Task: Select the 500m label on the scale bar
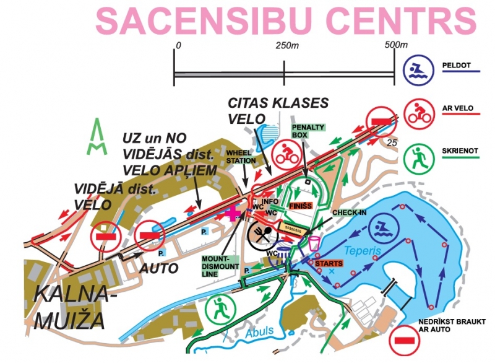coord(396,45)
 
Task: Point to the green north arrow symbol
coord(98,138)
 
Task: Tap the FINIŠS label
coord(299,204)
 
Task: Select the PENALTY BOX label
coord(308,131)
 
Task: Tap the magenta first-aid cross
coord(234,213)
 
